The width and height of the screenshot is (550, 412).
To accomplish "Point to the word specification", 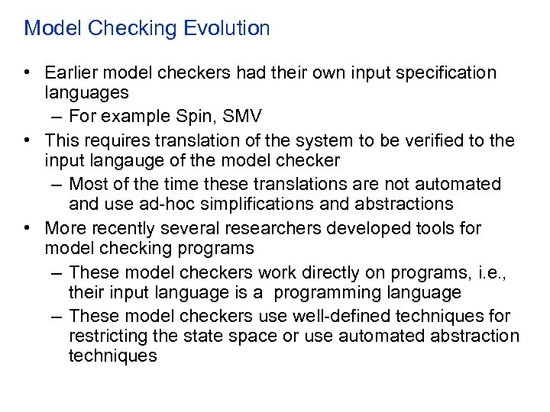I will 448,72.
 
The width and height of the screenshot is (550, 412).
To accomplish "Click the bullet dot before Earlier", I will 27,73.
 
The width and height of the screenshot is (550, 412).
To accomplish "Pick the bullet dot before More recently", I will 27,228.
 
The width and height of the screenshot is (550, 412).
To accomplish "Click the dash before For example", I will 58,117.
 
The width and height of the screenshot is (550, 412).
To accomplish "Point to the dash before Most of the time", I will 58,184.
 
